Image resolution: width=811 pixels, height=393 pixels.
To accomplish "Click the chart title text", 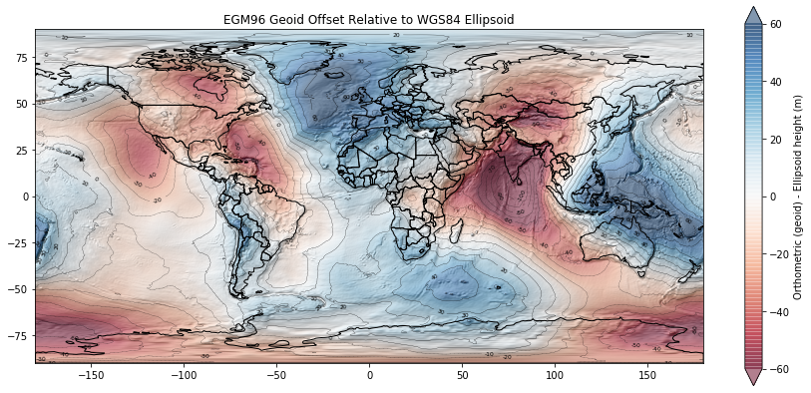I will pos(369,20).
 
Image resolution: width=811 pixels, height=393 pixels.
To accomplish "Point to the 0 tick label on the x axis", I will pos(369,376).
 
